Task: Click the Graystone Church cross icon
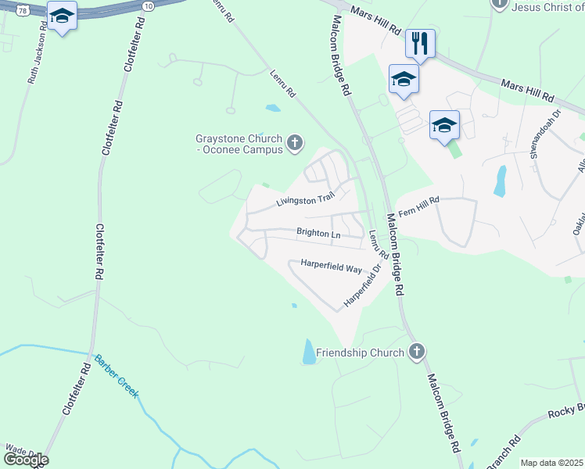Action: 294,141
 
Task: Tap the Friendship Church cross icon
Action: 417,352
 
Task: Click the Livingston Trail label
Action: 305,201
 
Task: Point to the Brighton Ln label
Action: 318,233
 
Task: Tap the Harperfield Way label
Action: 331,268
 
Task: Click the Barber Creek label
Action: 116,378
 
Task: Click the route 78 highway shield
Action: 23,10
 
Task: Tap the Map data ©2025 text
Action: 551,463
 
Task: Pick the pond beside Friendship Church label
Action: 309,352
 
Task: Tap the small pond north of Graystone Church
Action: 273,108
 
